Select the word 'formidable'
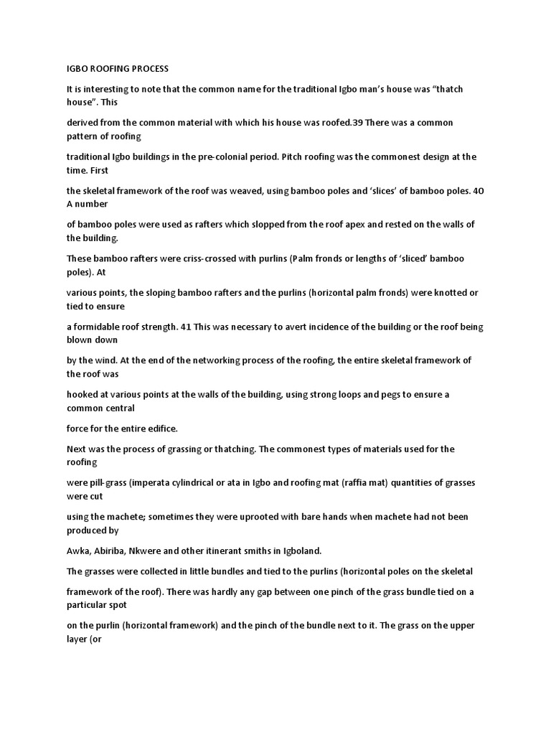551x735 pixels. [x=97, y=327]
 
